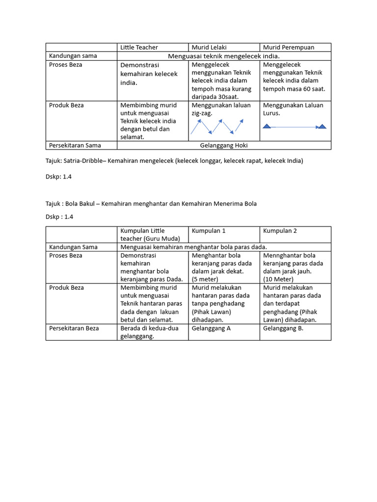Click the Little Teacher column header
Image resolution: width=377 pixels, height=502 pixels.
139,48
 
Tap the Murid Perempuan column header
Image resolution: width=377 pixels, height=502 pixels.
289,48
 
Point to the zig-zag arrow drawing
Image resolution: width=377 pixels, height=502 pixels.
216,127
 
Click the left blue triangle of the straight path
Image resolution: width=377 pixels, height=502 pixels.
267,126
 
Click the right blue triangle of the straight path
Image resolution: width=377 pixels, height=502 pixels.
322,126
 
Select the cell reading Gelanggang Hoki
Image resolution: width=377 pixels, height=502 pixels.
224,146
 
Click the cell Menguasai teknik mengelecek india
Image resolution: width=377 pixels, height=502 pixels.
224,56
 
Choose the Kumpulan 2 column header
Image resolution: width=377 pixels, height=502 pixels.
280,231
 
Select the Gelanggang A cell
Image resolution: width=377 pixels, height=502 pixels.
211,328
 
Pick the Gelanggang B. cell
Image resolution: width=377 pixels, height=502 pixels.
283,328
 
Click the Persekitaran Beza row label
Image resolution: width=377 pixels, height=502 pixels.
74,328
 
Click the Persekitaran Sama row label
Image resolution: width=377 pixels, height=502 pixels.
75,146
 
